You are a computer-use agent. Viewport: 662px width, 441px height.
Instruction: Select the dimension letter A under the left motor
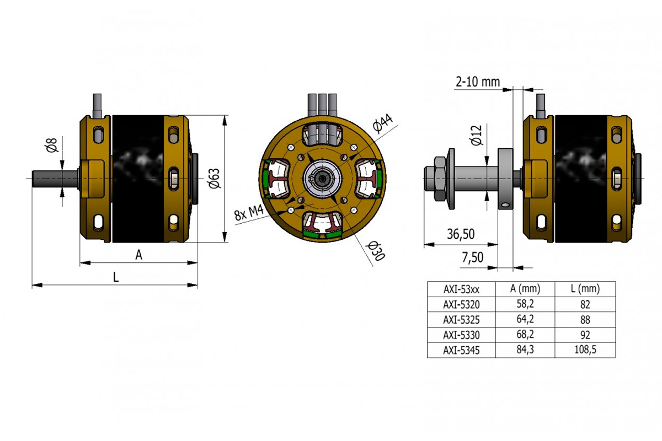(139, 255)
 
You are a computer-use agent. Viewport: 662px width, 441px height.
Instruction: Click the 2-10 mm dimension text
(477, 82)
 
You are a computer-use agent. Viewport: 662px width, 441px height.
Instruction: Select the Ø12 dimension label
(477, 135)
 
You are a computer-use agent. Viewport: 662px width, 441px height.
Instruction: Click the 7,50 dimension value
(472, 257)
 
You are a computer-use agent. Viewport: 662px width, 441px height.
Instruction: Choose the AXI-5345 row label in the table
(461, 349)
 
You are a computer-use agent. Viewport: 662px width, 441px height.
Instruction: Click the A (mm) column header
(525, 288)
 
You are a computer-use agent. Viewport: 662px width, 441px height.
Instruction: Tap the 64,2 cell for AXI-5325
(525, 319)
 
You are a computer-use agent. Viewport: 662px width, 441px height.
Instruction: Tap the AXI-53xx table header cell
(461, 288)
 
